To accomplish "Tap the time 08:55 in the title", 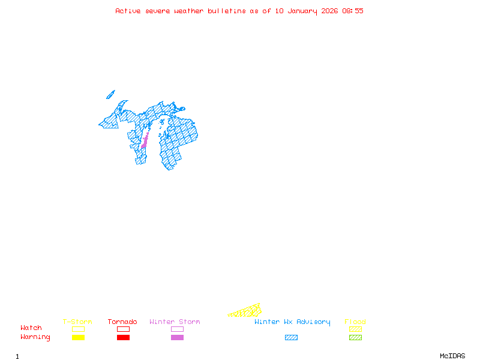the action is (353, 11).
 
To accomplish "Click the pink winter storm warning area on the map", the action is (145, 142).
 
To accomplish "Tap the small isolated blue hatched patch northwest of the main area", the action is (110, 94).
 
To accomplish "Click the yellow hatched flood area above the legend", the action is (246, 311).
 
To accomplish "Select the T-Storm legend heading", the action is (77, 322).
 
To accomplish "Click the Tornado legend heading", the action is (122, 322).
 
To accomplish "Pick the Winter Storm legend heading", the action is (175, 322).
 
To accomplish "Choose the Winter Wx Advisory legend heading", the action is (292, 322).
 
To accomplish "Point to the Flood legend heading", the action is (355, 322).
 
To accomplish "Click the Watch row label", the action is (31, 328).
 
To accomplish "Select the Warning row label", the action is (35, 337).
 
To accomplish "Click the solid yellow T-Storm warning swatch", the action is (78, 338).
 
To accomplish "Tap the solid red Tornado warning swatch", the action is (123, 338).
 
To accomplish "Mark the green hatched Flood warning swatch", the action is (355, 338).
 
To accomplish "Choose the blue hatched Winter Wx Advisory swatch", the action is (291, 338).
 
